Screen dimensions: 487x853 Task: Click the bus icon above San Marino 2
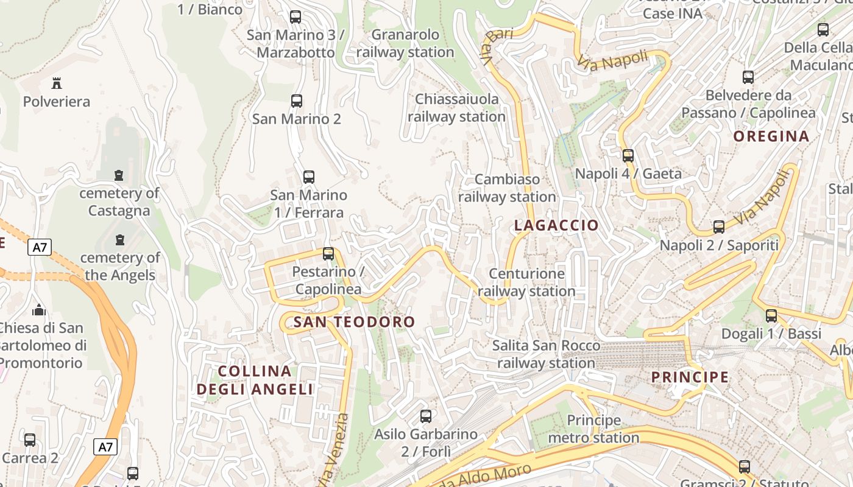point(297,101)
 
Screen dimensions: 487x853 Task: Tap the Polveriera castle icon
point(57,83)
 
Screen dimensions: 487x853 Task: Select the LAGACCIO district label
point(556,225)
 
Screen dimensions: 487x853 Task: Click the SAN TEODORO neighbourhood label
point(354,322)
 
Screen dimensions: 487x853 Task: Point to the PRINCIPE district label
point(690,377)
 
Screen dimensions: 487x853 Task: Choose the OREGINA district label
point(771,136)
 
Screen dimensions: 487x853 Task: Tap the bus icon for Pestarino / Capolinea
point(328,254)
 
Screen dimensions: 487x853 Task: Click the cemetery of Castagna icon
point(119,175)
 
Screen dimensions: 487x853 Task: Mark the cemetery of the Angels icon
point(120,239)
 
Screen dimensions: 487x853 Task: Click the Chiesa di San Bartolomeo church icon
point(40,310)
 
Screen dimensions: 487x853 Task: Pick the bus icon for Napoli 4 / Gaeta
point(628,156)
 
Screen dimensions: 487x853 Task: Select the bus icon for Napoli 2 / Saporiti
point(719,227)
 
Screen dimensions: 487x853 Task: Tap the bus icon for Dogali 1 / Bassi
point(771,316)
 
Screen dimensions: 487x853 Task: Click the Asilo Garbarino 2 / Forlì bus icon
point(426,416)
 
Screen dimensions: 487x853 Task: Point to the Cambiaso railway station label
point(507,188)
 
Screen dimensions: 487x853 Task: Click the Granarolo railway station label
point(405,43)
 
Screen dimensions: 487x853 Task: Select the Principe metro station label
point(593,429)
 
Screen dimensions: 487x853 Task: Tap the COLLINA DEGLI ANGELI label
point(255,380)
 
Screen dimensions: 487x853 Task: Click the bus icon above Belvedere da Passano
point(748,77)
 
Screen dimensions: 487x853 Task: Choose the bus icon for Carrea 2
point(30,440)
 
